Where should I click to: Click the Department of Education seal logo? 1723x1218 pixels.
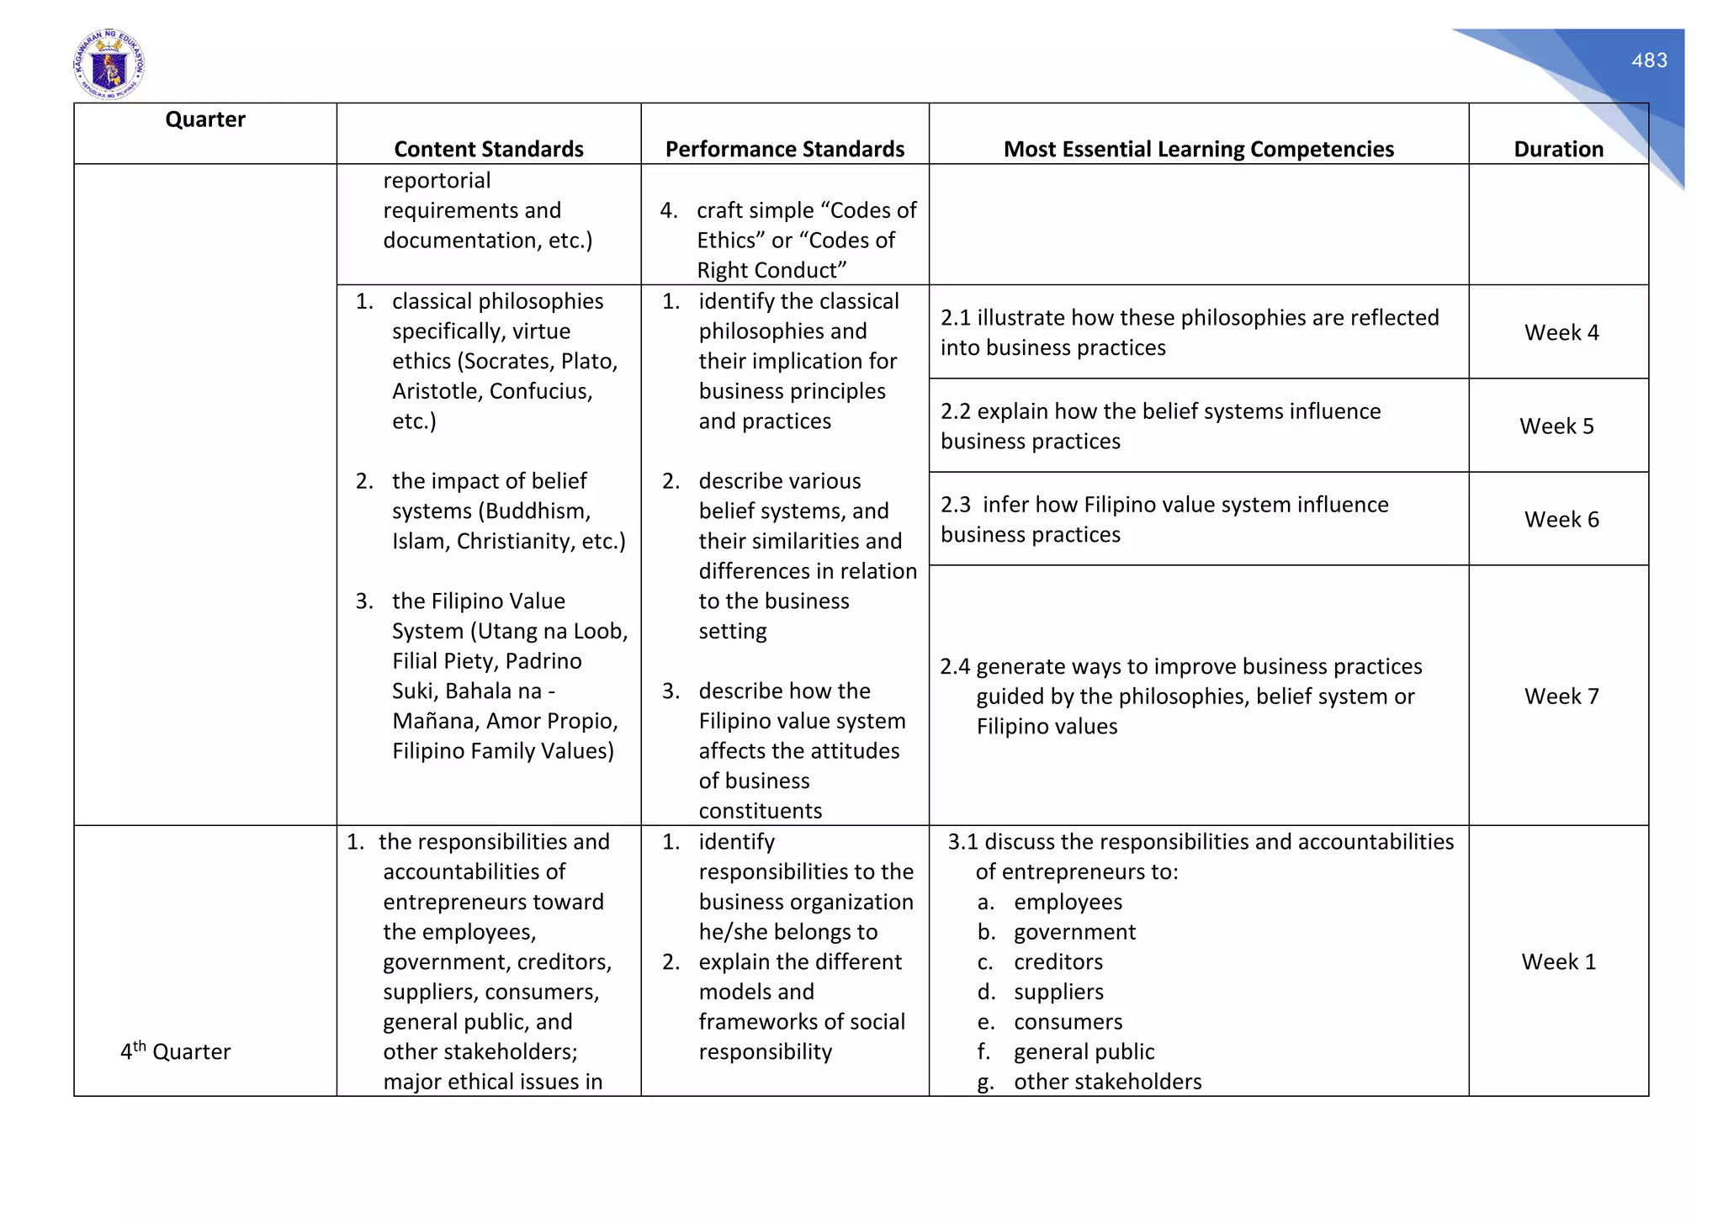pyautogui.click(x=109, y=65)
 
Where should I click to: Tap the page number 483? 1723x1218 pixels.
pyautogui.click(x=1649, y=61)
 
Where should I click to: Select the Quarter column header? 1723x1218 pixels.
pyautogui.click(x=205, y=119)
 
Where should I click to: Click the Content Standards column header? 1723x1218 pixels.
pyautogui.click(x=489, y=149)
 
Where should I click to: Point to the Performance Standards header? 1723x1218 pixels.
pyautogui.click(x=784, y=149)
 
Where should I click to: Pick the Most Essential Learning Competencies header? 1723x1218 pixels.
pyautogui.click(x=1198, y=149)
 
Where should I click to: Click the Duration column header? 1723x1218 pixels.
pyautogui.click(x=1558, y=149)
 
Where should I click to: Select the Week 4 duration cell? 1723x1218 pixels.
pyautogui.click(x=1561, y=332)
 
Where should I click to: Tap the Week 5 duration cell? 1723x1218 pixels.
pyautogui.click(x=1556, y=426)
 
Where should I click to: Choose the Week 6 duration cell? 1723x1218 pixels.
pyautogui.click(x=1561, y=519)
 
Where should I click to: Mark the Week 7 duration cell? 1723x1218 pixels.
pyautogui.click(x=1561, y=696)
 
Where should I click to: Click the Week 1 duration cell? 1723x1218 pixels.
pyautogui.click(x=1558, y=961)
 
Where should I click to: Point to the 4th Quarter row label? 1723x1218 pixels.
pyautogui.click(x=175, y=1051)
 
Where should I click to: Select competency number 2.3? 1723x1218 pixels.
pyautogui.click(x=956, y=505)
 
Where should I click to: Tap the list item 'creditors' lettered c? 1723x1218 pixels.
pyautogui.click(x=1058, y=961)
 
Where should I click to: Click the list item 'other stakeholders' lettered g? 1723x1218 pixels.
pyautogui.click(x=1107, y=1082)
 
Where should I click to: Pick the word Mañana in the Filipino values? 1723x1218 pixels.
pyautogui.click(x=433, y=721)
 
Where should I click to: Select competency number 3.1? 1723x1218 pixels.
pyautogui.click(x=963, y=842)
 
